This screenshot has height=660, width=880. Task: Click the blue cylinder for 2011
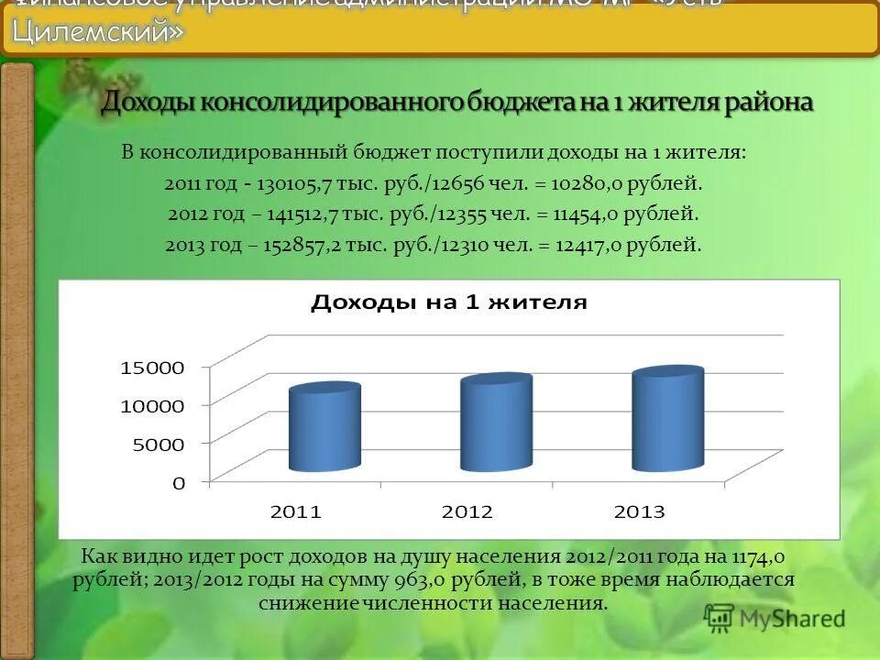click(324, 429)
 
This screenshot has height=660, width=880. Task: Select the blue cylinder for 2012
click(496, 423)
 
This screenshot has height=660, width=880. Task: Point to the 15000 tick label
click(152, 367)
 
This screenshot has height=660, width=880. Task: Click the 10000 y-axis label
click(152, 405)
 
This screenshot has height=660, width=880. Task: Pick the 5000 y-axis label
click(158, 443)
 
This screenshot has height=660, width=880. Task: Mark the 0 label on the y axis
click(179, 481)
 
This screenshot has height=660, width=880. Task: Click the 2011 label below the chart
click(295, 512)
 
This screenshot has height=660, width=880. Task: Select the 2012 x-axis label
click(467, 512)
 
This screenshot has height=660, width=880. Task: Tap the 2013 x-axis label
click(638, 512)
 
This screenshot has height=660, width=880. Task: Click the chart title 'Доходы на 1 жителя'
click(449, 302)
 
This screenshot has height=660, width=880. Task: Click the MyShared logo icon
click(720, 618)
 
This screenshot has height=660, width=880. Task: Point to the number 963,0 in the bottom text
click(423, 580)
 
